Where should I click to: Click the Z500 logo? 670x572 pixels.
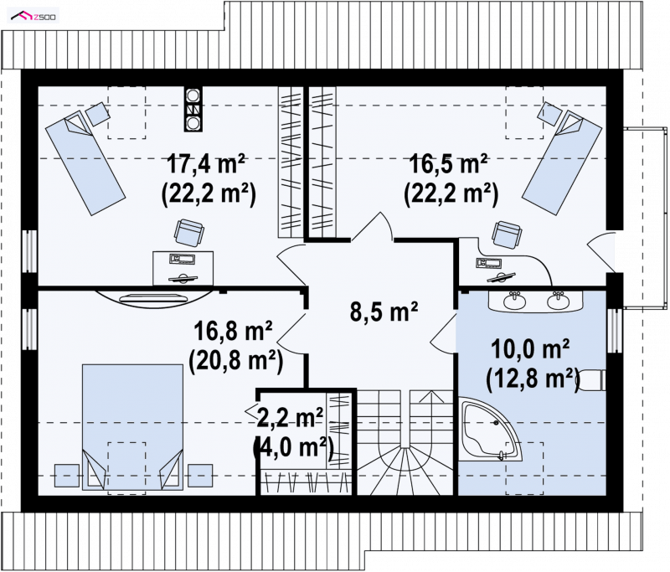33,17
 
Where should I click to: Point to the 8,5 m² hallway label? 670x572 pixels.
384,311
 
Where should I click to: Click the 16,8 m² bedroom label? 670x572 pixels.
234,331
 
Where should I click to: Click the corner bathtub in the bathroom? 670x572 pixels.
491,430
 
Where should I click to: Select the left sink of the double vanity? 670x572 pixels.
514,301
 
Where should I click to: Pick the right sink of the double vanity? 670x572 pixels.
558,301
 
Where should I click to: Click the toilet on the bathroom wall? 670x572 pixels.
593,379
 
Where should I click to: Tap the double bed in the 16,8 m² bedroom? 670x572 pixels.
132,427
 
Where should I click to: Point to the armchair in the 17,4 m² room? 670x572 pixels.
189,232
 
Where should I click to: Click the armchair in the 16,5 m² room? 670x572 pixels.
508,234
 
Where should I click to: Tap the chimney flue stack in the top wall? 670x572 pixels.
193,109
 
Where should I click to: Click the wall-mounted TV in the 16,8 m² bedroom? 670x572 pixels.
153,297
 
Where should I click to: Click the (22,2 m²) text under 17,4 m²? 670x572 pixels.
208,194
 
